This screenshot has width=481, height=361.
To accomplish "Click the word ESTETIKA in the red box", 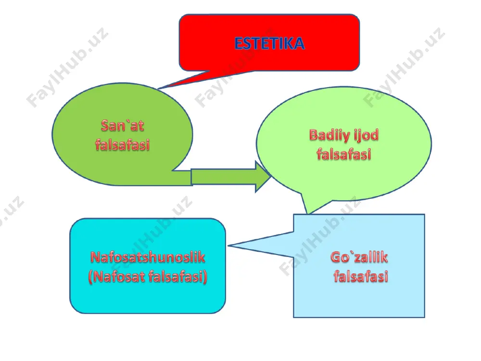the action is coord(269,43).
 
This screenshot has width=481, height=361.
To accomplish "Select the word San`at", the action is coord(122,125).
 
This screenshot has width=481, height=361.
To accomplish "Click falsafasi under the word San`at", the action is coord(122,144).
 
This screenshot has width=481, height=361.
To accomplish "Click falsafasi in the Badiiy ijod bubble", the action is coord(344,154).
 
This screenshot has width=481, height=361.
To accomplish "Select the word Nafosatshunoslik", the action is coord(148,257).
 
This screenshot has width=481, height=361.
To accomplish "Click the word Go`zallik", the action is coord(359,257).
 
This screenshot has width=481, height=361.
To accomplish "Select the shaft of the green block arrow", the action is coord(224,177).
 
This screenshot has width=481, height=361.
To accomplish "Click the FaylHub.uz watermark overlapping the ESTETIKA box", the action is coord(234,68).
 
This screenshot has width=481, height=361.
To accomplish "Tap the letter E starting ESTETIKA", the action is coord(239,43).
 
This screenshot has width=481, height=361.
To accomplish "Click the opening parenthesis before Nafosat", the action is coord(90,277).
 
